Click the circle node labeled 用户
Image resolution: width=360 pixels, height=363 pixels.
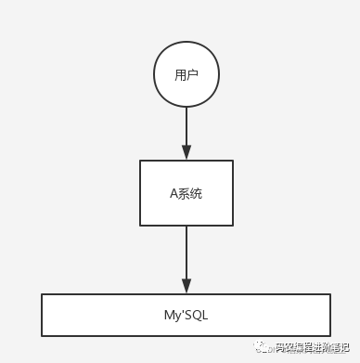point(186,75)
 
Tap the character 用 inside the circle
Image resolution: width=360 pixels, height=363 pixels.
point(180,75)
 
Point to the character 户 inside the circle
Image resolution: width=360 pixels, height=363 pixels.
point(192,75)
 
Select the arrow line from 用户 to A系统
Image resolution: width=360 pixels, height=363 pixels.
point(186,125)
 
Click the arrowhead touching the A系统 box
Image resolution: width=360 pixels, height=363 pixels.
point(186,153)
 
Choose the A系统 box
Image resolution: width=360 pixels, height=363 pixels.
point(186,192)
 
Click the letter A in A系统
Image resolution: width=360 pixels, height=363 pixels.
point(173,193)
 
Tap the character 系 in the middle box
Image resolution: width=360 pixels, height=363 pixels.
point(184,193)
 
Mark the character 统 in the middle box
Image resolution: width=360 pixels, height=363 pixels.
point(196,193)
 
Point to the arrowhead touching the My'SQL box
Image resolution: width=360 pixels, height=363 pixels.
point(186,286)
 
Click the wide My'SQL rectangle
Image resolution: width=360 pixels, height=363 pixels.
point(186,315)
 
